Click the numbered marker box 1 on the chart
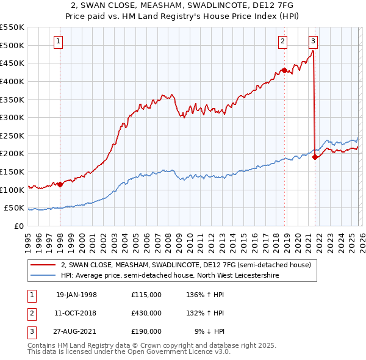point(58,41)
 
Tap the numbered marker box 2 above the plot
point(283,41)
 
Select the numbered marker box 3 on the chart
point(313,41)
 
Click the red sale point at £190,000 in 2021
point(315,157)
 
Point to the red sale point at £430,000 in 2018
point(284,70)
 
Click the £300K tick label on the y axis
point(12,117)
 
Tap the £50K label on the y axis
point(13,208)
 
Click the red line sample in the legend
point(43,265)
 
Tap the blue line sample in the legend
point(43,276)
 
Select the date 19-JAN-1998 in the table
point(76,295)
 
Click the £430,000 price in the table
point(146,313)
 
